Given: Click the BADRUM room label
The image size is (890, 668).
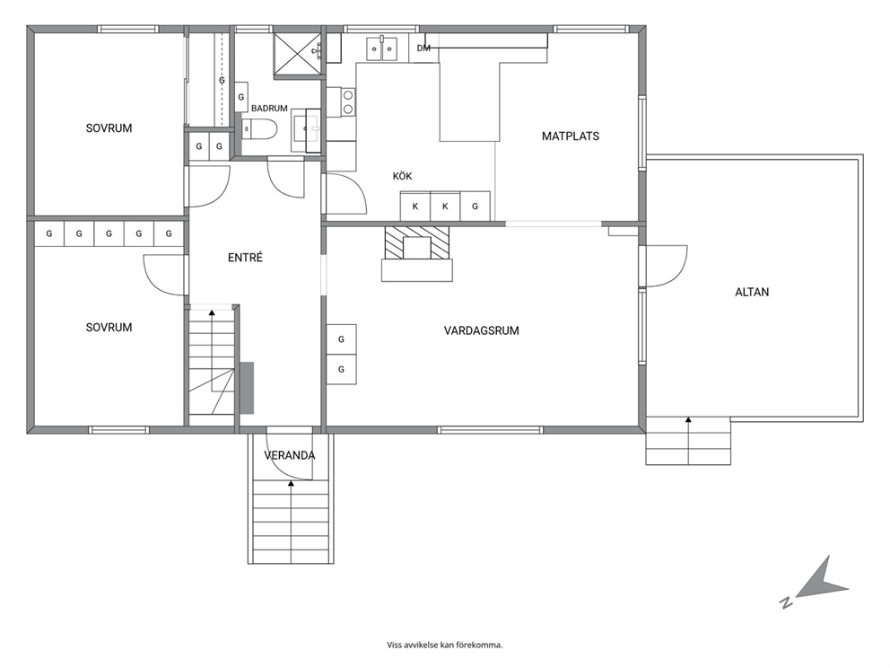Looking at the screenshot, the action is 269,108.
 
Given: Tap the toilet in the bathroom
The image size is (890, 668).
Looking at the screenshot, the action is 258,129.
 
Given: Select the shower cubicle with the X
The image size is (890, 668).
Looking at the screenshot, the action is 296,53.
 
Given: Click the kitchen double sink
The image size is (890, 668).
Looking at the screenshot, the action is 382,48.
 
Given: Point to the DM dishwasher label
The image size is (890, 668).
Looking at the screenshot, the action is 423,48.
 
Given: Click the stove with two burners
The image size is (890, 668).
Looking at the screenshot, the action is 347,102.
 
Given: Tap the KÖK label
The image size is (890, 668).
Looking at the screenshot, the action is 402,176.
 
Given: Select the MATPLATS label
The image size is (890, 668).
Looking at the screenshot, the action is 571,136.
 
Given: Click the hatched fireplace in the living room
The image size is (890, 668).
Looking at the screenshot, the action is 417,243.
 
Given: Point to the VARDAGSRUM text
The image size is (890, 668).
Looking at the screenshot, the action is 481,330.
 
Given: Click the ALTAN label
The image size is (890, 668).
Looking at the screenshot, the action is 752,292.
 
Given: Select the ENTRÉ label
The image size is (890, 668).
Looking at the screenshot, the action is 245,258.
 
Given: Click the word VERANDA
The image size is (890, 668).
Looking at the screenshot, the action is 290,455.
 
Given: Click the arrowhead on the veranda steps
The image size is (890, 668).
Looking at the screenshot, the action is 292,483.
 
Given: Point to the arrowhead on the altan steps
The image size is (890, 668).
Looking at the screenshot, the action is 688,420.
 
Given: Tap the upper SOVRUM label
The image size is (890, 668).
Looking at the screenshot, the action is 109,128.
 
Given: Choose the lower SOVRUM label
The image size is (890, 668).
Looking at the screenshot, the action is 109,328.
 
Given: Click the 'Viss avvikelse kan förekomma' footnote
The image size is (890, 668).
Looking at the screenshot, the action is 445,645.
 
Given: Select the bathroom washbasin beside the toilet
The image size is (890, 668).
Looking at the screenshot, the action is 307,131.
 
